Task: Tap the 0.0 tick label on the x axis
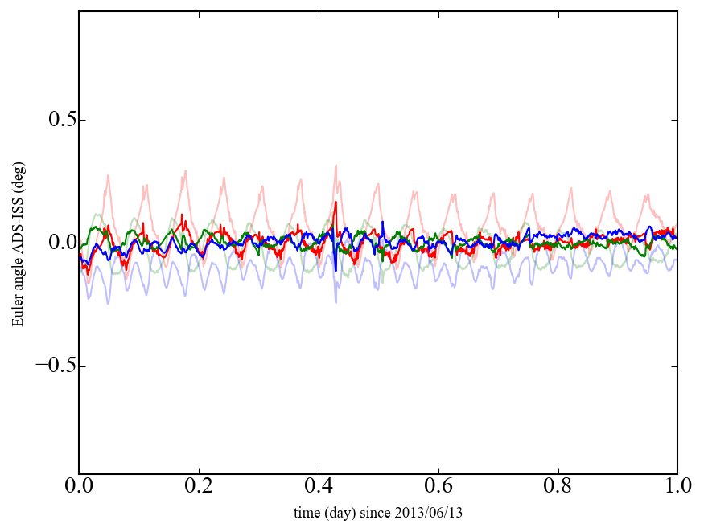pyautogui.click(x=79, y=486)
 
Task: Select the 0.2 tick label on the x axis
pyautogui.click(x=199, y=486)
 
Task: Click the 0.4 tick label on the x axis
pyautogui.click(x=319, y=486)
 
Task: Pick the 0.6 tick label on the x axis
pyautogui.click(x=438, y=486)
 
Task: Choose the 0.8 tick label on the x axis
pyautogui.click(x=558, y=486)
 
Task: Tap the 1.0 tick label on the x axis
pyautogui.click(x=677, y=486)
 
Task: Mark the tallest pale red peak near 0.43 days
pyautogui.click(x=336, y=166)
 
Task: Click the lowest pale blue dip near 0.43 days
pyautogui.click(x=336, y=301)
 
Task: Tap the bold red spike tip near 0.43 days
pyautogui.click(x=336, y=203)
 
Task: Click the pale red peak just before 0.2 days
pyautogui.click(x=186, y=171)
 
